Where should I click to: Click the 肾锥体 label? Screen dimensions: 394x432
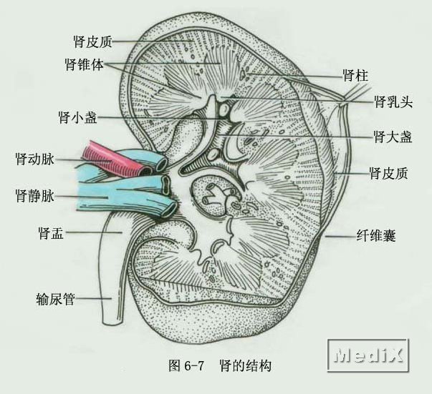click(85, 64)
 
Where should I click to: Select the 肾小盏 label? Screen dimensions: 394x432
click(79, 115)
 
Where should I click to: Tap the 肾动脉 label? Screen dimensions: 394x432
click(33, 157)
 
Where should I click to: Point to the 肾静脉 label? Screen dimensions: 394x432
click(33, 194)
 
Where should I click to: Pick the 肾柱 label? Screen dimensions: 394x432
click(355, 74)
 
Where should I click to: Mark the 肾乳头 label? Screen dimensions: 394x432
click(393, 102)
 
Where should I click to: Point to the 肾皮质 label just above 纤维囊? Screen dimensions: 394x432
click(388, 173)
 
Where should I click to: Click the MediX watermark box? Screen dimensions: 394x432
click(371, 355)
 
